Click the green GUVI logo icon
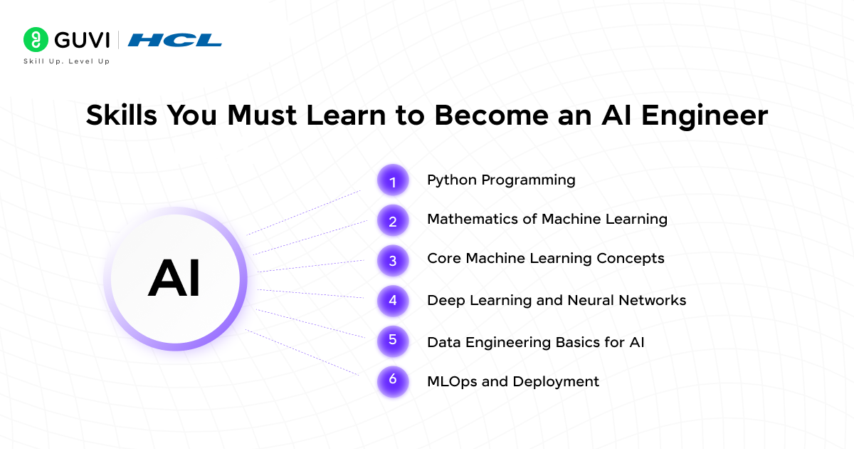36,39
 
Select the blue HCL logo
174,40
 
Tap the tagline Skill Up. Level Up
67,61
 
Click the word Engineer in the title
705,116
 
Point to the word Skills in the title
122,115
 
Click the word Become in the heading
492,115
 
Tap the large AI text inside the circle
174,277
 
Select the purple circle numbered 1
393,180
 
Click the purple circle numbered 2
393,220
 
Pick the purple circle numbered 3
393,261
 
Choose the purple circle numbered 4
393,301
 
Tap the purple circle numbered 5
393,341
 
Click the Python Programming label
501,180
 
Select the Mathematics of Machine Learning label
547,220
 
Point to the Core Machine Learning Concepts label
546,259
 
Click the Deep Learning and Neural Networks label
557,301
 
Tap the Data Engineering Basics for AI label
536,343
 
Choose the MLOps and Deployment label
513,382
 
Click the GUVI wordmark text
82,40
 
